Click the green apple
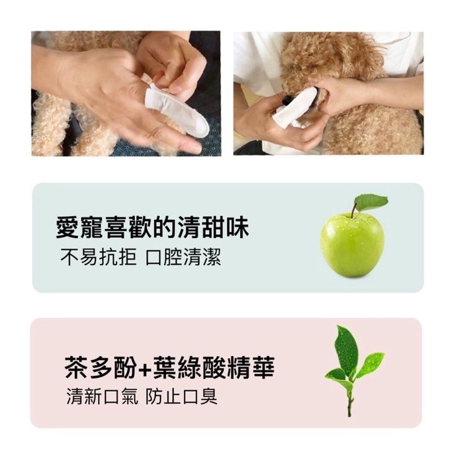(352, 245)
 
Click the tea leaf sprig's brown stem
(349, 399)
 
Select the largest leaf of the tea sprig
(346, 351)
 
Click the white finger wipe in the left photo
(177, 110)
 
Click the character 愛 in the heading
(67, 227)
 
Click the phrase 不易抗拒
(98, 257)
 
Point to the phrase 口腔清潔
(183, 257)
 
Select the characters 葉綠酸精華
(214, 367)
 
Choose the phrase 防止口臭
(181, 396)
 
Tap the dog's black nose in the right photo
(285, 100)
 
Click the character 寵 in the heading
(92, 227)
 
